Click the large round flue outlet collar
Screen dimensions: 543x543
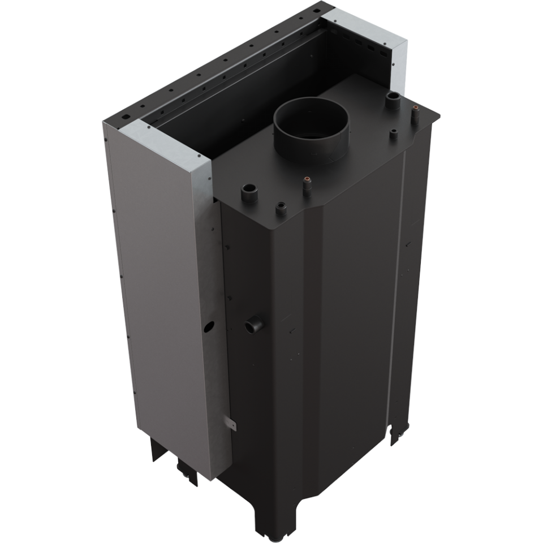(x=311, y=127)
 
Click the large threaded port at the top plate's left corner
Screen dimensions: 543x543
(x=249, y=193)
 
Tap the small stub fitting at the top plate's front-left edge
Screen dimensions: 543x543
(x=281, y=209)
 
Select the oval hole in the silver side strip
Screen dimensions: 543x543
(x=209, y=326)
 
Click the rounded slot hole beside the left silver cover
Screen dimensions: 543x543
(x=124, y=119)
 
